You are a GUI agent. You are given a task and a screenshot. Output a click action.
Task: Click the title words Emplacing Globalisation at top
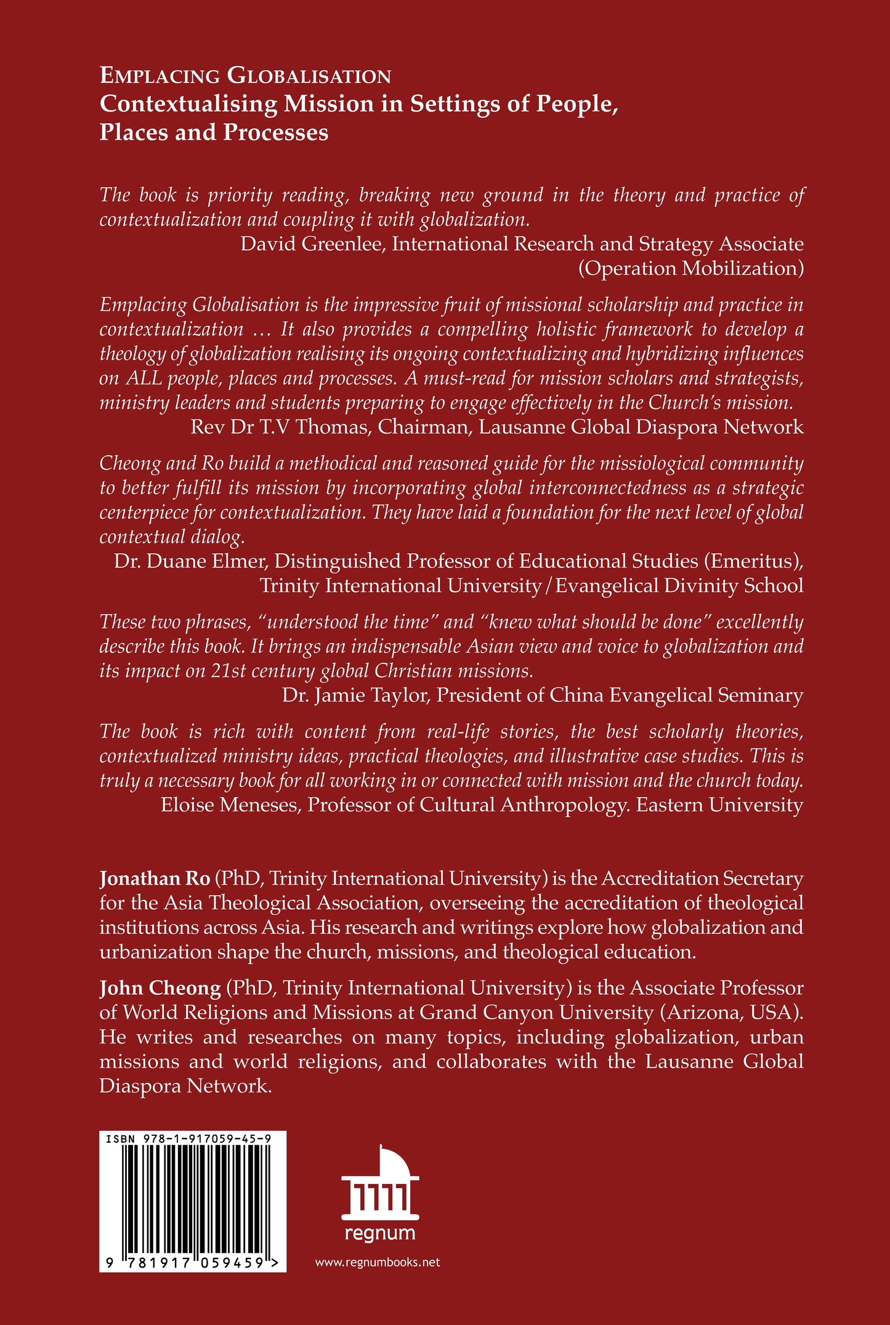tap(245, 76)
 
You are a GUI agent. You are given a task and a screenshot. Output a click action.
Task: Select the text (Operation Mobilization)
tap(690, 269)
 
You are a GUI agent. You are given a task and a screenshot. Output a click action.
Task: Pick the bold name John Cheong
tap(160, 988)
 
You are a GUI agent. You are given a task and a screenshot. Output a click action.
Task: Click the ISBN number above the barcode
tap(188, 1140)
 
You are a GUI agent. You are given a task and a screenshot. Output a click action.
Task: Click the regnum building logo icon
tap(380, 1182)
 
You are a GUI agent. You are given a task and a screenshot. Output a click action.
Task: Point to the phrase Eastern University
tap(719, 805)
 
